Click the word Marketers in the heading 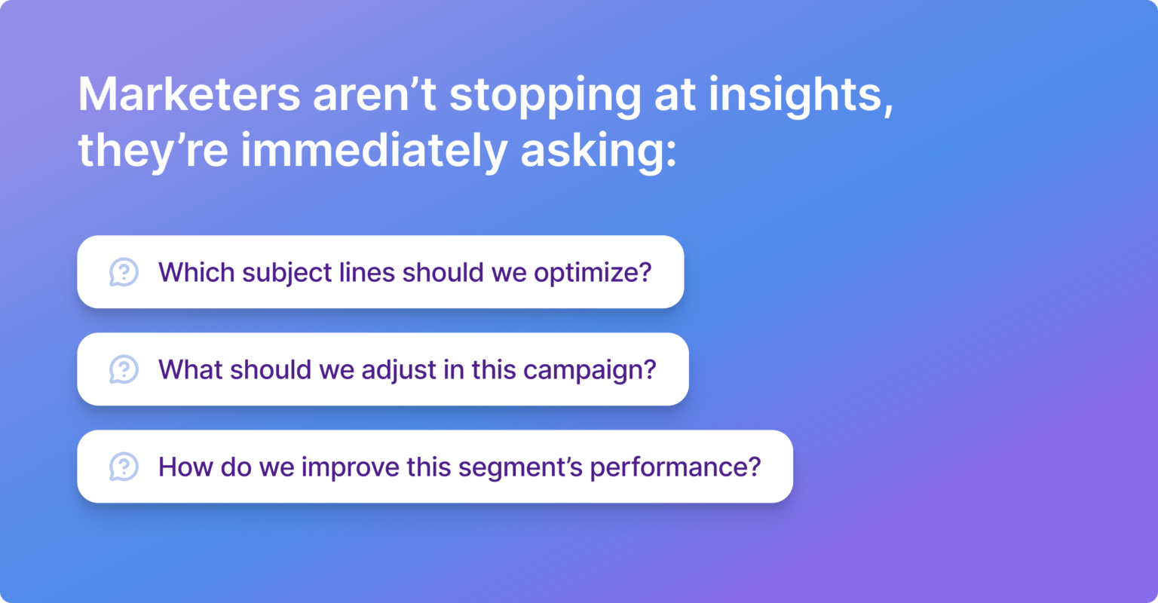tap(189, 95)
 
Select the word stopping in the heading tap(545, 95)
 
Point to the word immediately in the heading tap(374, 151)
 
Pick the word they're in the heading tap(153, 151)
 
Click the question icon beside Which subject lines tap(124, 272)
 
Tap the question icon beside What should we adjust tap(124, 369)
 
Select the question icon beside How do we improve tap(124, 467)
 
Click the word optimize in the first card tap(592, 273)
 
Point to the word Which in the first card tap(196, 272)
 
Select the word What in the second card tap(191, 369)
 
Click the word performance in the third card tap(675, 467)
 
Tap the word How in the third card tap(185, 467)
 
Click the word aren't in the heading tap(375, 95)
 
